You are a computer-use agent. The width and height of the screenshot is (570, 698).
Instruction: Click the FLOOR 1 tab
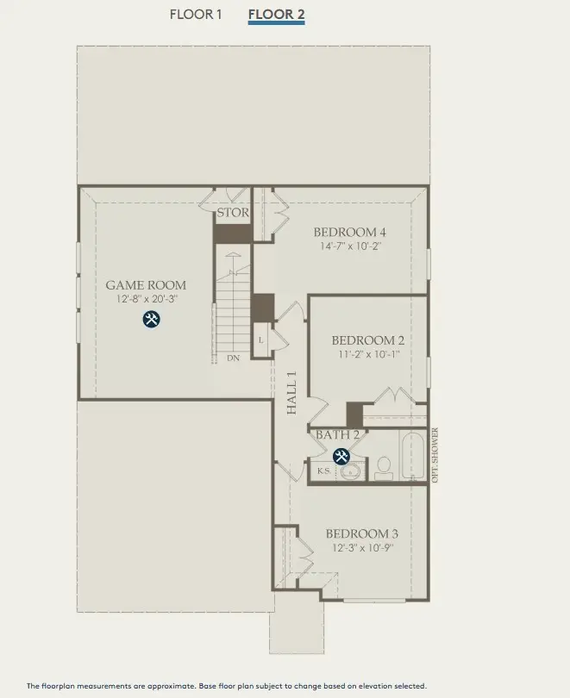[x=196, y=14]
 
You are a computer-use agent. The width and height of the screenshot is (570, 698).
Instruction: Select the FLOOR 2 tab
[x=276, y=14]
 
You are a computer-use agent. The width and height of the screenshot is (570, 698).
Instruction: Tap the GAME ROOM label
[x=146, y=285]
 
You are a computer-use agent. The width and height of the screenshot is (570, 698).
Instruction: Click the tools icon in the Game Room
[x=152, y=320]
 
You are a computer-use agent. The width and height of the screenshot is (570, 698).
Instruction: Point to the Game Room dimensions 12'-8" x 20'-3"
[x=146, y=300]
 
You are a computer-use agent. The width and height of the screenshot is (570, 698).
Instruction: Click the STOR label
[x=233, y=212]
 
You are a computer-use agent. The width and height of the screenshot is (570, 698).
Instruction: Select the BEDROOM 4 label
[x=349, y=232]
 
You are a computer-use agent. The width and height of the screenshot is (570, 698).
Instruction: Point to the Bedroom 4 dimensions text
[x=349, y=246]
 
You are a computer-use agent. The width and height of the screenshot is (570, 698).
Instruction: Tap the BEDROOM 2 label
[x=368, y=340]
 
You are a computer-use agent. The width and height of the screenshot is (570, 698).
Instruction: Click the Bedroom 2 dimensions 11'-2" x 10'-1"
[x=368, y=354]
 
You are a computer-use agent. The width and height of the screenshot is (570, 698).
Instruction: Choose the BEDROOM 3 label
[x=362, y=533]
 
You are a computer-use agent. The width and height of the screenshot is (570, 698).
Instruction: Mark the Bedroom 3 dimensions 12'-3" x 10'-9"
[x=362, y=547]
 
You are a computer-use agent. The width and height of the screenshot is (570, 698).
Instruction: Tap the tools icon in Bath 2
[x=341, y=456]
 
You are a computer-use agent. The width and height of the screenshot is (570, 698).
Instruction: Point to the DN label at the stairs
[x=233, y=358]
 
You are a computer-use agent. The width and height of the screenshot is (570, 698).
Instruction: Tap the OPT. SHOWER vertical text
[x=435, y=455]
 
